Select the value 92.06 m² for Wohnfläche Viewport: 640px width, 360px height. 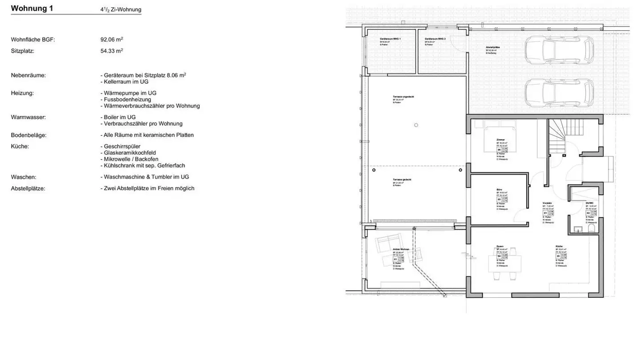click(112, 40)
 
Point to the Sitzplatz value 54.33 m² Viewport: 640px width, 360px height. click(112, 51)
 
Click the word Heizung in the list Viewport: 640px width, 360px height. click(21, 93)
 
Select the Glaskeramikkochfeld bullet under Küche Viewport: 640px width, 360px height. click(128, 152)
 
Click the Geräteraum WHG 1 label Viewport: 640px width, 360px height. click(390, 39)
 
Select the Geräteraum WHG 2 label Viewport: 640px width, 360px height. click(435, 39)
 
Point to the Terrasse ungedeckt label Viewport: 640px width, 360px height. click(403, 96)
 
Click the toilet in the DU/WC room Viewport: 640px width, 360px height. click(591, 228)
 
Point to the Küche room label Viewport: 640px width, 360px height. click(559, 246)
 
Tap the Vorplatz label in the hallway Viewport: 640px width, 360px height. click(547, 203)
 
